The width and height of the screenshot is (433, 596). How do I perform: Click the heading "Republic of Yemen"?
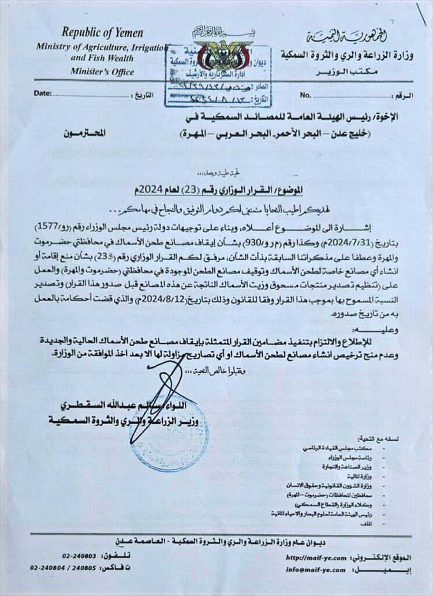pyautogui.click(x=103, y=33)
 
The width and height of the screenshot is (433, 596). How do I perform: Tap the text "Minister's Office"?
pyautogui.click(x=102, y=72)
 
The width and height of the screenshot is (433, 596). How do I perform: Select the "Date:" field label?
pyautogui.click(x=43, y=93)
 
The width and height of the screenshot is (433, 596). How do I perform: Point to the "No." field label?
pyautogui.click(x=305, y=94)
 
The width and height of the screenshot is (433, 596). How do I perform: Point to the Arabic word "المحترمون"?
pyautogui.click(x=90, y=133)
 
